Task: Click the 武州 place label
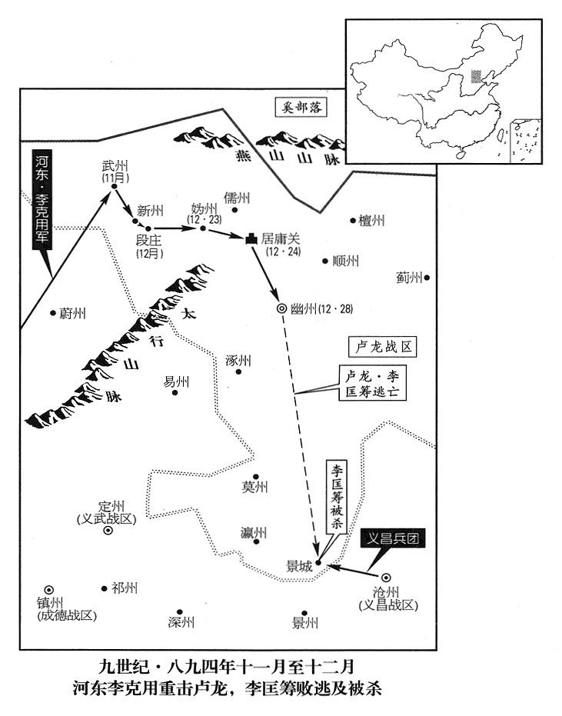114,167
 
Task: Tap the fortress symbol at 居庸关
251,241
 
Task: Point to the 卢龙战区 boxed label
382,347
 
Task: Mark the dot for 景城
318,563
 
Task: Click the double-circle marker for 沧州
386,578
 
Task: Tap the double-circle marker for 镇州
48,588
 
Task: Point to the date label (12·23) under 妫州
205,219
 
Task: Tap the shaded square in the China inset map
476,76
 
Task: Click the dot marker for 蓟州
427,278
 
